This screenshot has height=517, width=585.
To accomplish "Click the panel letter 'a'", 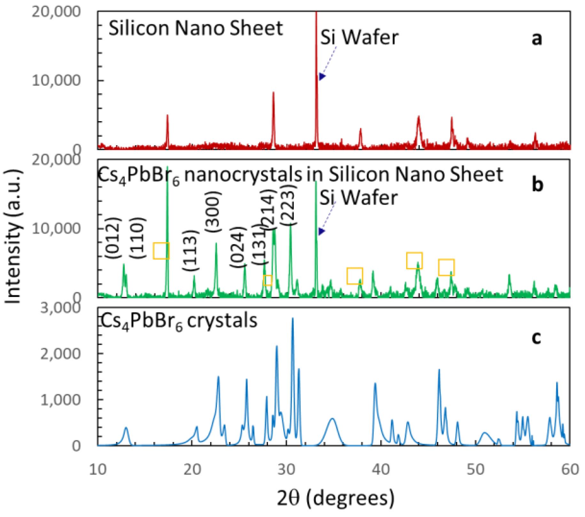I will [537, 39].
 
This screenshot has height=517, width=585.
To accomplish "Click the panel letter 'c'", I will [536, 337].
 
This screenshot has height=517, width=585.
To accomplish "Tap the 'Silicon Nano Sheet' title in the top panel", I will [196, 28].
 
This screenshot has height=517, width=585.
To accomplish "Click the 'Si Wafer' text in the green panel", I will [358, 197].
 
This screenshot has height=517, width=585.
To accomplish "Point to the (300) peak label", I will [213, 212].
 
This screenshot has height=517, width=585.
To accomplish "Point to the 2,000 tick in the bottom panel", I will [60, 354].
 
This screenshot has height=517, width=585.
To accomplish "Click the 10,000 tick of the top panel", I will [56, 80].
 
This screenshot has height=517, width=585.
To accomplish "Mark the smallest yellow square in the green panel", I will [267, 280].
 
